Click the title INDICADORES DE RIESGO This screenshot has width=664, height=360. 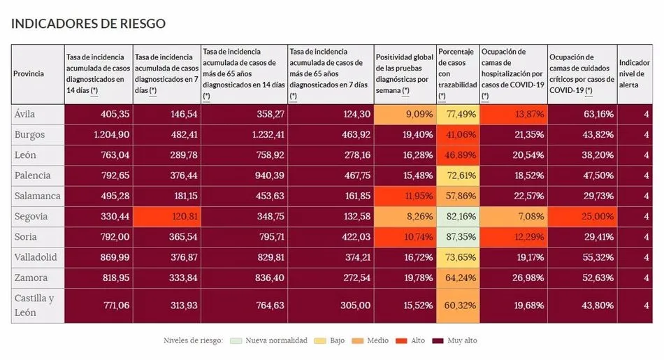tap(88, 23)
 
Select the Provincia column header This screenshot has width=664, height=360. tap(29, 73)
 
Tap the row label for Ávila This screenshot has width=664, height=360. tap(24, 114)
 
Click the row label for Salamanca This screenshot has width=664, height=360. tap(36, 196)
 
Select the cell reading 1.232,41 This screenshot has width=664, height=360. tap(244, 134)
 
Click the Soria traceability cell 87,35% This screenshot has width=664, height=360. tap(458, 236)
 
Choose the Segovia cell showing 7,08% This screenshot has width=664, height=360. tap(513, 216)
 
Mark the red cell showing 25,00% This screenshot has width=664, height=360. tap(582, 216)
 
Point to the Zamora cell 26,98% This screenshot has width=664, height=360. tap(513, 278)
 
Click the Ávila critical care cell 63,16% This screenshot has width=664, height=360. tap(582, 114)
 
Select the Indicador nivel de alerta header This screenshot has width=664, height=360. tap(634, 73)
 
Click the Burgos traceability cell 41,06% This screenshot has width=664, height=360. tap(458, 134)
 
